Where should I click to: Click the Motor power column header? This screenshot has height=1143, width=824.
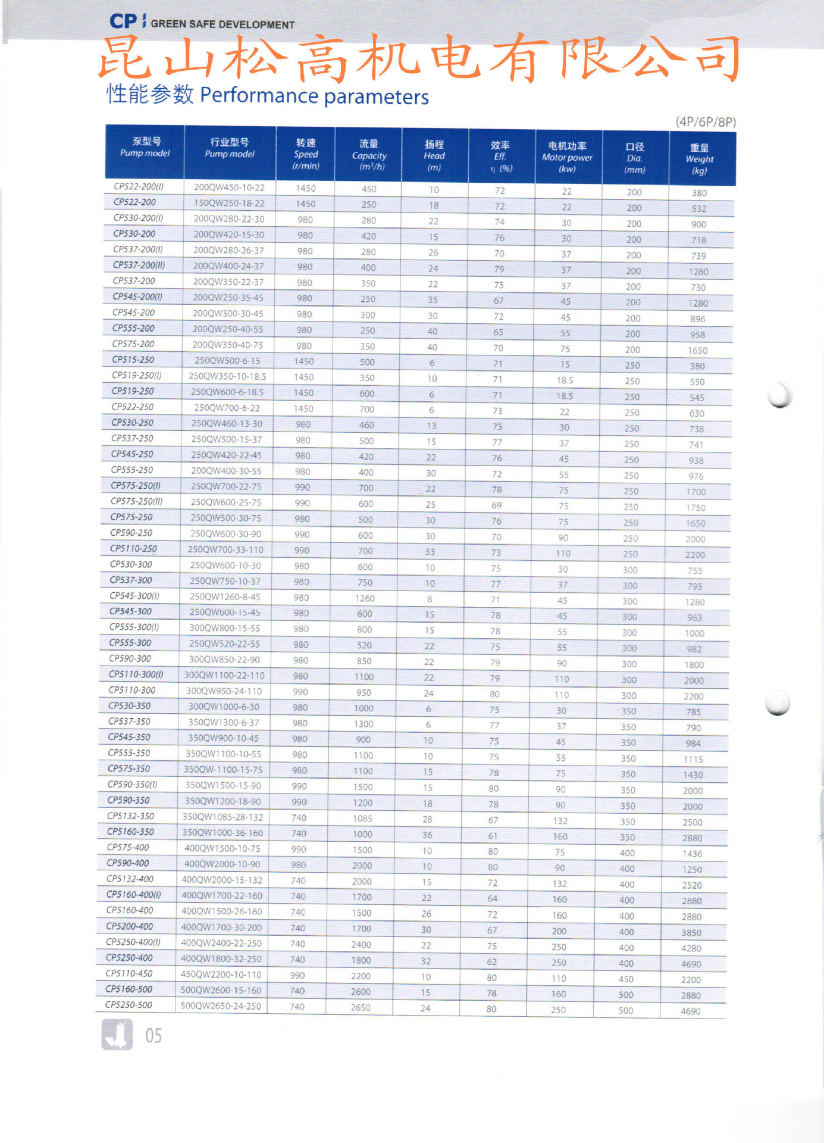click(567, 157)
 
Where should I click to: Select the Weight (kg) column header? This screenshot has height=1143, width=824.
click(699, 159)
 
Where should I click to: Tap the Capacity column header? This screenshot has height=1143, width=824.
click(369, 155)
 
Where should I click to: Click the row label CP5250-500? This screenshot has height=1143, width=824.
click(129, 1005)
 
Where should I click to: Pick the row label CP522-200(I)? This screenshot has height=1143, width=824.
click(139, 186)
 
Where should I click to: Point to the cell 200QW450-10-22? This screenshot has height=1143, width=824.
click(229, 188)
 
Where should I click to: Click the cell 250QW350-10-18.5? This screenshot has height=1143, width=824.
click(227, 376)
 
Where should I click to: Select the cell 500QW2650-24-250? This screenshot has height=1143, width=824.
click(221, 1006)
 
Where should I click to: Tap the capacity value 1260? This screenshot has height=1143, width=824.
click(365, 598)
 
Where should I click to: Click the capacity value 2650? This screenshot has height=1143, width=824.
click(361, 1007)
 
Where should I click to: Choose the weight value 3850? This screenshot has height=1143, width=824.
click(691, 933)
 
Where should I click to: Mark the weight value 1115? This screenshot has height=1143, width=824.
click(693, 759)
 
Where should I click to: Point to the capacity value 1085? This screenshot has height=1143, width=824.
click(362, 818)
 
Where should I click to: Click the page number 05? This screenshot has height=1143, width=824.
click(153, 1036)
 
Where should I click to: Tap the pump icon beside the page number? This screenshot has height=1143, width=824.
click(117, 1035)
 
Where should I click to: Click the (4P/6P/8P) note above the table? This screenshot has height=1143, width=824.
click(706, 122)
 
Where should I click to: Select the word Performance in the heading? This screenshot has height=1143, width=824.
click(259, 95)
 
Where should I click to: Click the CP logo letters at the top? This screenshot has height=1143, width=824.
click(123, 22)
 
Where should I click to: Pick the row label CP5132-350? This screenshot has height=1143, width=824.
click(130, 816)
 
